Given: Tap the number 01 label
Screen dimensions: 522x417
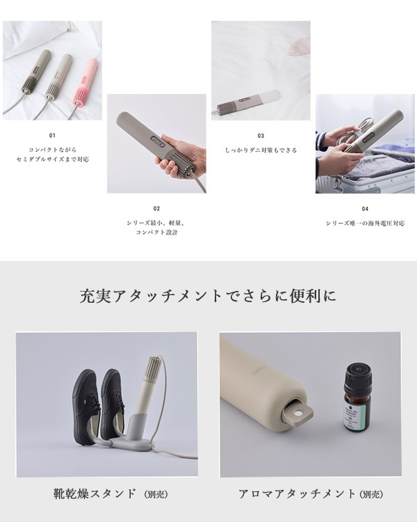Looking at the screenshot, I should [52, 136].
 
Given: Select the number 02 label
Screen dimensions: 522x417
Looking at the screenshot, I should [156, 208].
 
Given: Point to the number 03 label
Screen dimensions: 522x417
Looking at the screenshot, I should [261, 136].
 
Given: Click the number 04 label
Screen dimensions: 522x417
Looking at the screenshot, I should [365, 208].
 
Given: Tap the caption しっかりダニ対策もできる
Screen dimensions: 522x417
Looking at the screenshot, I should [261, 150].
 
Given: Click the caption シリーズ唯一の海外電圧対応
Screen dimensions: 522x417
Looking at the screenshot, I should [365, 223].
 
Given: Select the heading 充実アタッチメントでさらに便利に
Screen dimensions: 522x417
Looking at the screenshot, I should [208, 296].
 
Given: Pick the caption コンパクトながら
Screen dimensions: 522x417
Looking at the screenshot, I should [52, 150].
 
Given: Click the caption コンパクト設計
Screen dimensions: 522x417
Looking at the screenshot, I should [156, 232].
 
